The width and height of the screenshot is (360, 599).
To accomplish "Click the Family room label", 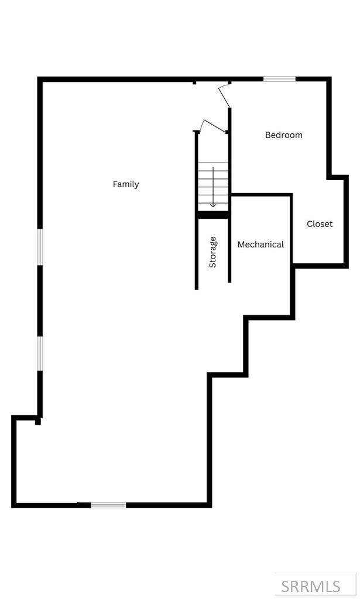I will click(x=126, y=184).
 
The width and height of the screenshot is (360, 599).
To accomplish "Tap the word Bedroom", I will click(x=284, y=135).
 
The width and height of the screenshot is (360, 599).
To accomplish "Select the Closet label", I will click(x=320, y=224).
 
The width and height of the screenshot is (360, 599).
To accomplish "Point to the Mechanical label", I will click(x=260, y=245).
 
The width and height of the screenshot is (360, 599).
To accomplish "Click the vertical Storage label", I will click(x=213, y=252).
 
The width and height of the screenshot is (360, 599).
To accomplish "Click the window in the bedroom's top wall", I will click(x=279, y=79).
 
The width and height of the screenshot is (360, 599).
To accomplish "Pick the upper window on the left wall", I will click(x=40, y=247).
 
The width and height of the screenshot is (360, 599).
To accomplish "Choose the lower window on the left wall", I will click(x=40, y=353).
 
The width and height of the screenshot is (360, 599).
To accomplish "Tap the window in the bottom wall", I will click(x=108, y=505).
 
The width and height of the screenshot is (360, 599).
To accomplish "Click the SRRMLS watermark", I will click(x=311, y=586).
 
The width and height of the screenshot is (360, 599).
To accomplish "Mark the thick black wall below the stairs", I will click(x=213, y=215).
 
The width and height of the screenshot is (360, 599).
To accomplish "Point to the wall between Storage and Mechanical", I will click(x=229, y=252).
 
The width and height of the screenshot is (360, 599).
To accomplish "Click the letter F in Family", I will click(x=115, y=184).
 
